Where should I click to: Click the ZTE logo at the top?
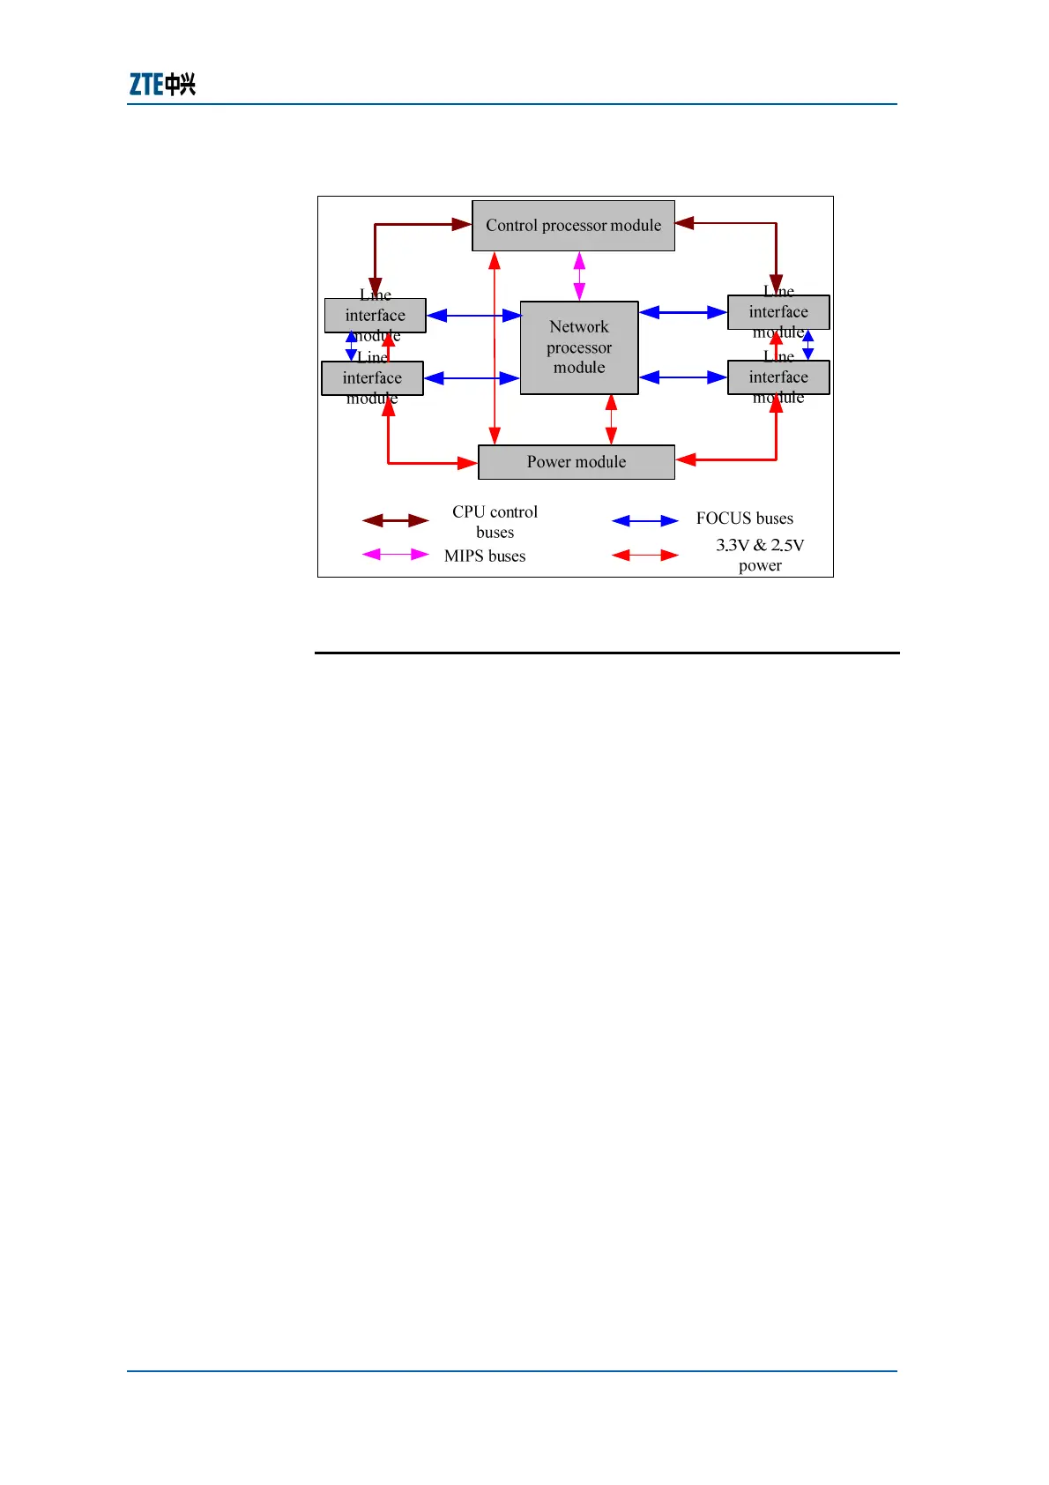162,84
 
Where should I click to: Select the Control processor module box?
573,226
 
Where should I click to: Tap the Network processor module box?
579,347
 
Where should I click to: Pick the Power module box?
577,462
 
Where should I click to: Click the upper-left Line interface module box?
376,316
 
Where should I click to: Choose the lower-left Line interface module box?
372,378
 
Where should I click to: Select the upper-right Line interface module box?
778,312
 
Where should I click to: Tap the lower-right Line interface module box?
778,377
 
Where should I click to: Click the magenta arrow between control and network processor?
579,276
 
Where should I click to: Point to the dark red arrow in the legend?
395,520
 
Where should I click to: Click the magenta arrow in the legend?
395,555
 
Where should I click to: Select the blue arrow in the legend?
645,520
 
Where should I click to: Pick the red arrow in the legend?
645,555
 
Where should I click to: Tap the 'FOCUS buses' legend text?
744,519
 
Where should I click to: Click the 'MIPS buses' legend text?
485,556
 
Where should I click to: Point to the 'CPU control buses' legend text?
495,522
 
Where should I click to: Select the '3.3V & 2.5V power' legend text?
760,556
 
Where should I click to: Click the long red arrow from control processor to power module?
495,348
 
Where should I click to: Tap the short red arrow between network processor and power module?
611,419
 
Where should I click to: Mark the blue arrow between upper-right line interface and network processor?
683,312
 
